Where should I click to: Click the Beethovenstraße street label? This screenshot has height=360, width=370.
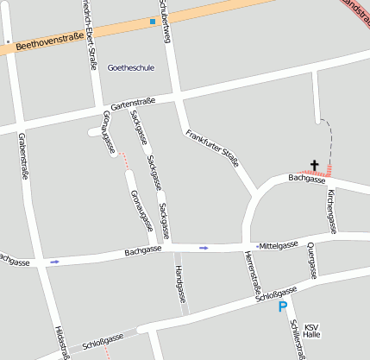(x=49, y=40)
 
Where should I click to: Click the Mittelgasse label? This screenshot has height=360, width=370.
(x=279, y=244)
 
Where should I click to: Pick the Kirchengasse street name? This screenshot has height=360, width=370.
(x=331, y=205)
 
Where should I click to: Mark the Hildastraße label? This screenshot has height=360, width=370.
(x=60, y=342)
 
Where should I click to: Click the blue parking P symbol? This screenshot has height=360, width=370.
(x=282, y=306)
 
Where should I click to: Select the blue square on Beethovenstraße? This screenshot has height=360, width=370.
(x=153, y=21)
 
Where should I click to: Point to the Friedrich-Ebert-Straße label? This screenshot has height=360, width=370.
(x=87, y=26)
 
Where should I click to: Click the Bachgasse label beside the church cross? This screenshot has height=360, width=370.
(x=307, y=180)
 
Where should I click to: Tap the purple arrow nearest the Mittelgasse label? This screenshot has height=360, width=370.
(x=204, y=248)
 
